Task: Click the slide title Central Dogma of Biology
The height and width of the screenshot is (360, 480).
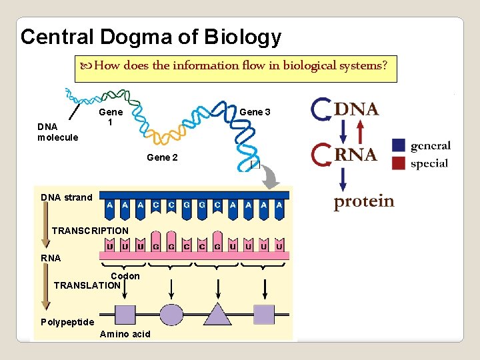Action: point(151,37)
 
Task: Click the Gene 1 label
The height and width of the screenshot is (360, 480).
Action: point(111,118)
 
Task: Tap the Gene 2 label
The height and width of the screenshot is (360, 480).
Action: point(163,157)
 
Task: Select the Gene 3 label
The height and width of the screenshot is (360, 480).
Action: point(255,112)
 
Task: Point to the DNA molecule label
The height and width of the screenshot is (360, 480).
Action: point(57,132)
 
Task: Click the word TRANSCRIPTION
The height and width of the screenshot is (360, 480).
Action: point(90,231)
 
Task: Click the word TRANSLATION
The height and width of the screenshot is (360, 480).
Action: point(87,285)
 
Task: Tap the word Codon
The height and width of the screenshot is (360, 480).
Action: point(125,276)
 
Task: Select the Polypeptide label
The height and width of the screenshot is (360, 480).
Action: point(67,322)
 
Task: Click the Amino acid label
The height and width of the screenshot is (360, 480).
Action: point(125,334)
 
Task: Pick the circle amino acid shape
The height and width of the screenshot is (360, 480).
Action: point(171,314)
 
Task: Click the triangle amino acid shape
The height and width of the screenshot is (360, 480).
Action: point(217,313)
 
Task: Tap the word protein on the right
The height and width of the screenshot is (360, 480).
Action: point(364,201)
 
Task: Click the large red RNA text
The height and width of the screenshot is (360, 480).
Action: point(356,155)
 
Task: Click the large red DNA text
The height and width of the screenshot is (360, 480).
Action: point(356,109)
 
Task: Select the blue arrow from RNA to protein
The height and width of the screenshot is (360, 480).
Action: point(343,179)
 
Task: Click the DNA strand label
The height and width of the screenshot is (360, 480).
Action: point(67,197)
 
